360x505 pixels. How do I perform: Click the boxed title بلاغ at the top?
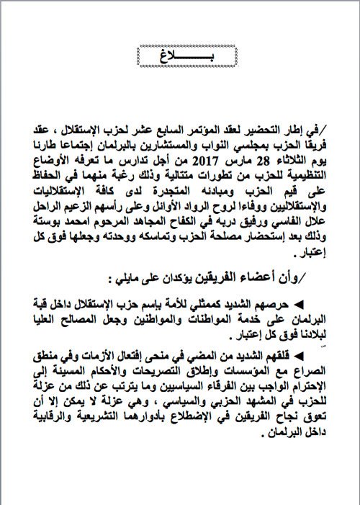179,55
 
